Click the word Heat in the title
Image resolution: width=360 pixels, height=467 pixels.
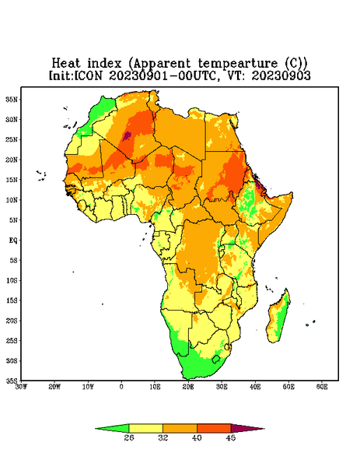[66, 63]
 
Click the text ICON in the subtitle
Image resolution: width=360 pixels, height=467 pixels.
[88, 75]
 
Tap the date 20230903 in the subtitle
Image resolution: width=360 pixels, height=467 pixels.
[281, 75]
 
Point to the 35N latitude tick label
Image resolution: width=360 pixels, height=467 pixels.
[12, 100]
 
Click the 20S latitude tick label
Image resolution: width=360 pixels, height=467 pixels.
[12, 321]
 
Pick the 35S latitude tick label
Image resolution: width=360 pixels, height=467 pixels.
[12, 381]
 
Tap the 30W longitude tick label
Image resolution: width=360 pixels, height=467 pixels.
[21, 387]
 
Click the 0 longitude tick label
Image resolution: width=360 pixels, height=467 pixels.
[121, 387]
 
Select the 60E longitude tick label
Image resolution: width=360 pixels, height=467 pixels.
[322, 387]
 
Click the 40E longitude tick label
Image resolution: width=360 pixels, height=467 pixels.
[255, 387]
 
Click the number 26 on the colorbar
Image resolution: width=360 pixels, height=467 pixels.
[129, 437]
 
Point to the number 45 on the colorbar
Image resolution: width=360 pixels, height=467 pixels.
[231, 437]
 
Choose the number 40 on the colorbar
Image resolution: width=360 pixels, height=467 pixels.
[197, 437]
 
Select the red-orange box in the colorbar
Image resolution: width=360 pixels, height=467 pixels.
[214, 428]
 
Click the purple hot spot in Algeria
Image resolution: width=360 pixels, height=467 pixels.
[127, 135]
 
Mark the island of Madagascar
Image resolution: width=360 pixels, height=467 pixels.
[278, 318]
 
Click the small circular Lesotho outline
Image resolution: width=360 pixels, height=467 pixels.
[215, 359]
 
